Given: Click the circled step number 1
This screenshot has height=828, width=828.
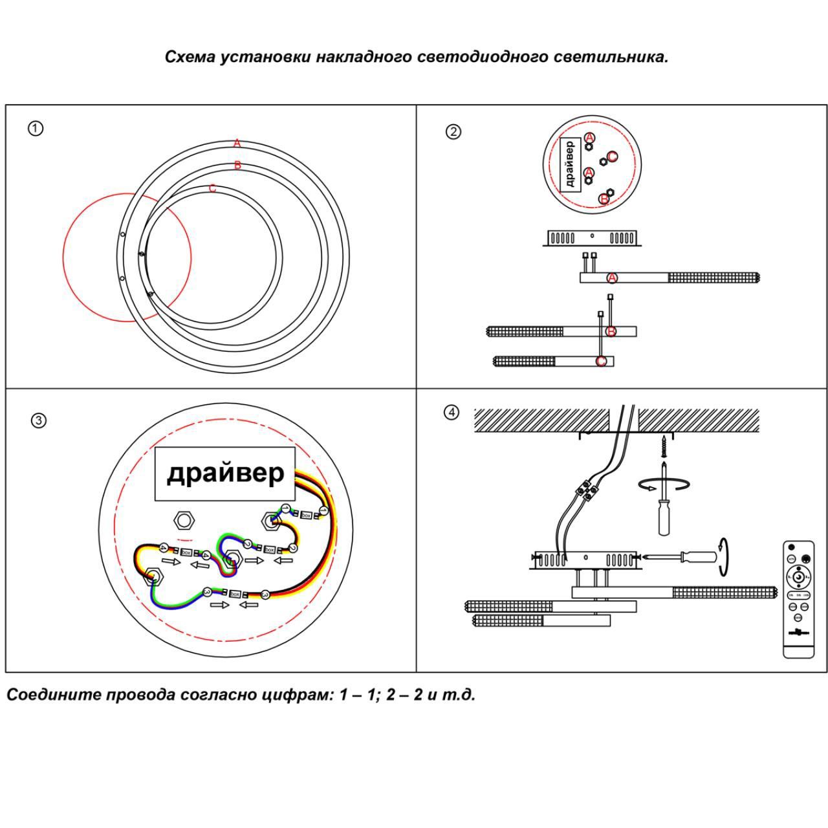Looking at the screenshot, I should (36, 128).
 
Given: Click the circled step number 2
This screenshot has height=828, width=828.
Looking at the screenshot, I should (453, 131).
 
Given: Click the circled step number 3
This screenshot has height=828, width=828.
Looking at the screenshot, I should (39, 420).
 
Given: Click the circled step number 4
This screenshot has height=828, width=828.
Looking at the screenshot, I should (452, 412).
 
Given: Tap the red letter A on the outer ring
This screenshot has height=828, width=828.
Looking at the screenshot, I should (237, 143).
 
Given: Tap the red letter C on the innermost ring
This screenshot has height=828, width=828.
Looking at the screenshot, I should (212, 189).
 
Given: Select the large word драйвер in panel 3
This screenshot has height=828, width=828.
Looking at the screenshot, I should (225, 473).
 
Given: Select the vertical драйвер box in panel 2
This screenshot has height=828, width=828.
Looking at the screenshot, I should (569, 164).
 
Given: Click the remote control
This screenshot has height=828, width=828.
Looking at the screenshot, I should (798, 599).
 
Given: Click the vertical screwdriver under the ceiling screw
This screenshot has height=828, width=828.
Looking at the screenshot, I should (664, 507).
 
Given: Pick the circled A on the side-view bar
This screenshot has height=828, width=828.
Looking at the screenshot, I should (612, 278).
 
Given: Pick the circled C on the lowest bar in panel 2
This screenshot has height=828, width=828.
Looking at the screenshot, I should (602, 361).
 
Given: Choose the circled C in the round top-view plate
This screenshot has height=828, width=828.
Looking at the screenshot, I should (611, 156).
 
